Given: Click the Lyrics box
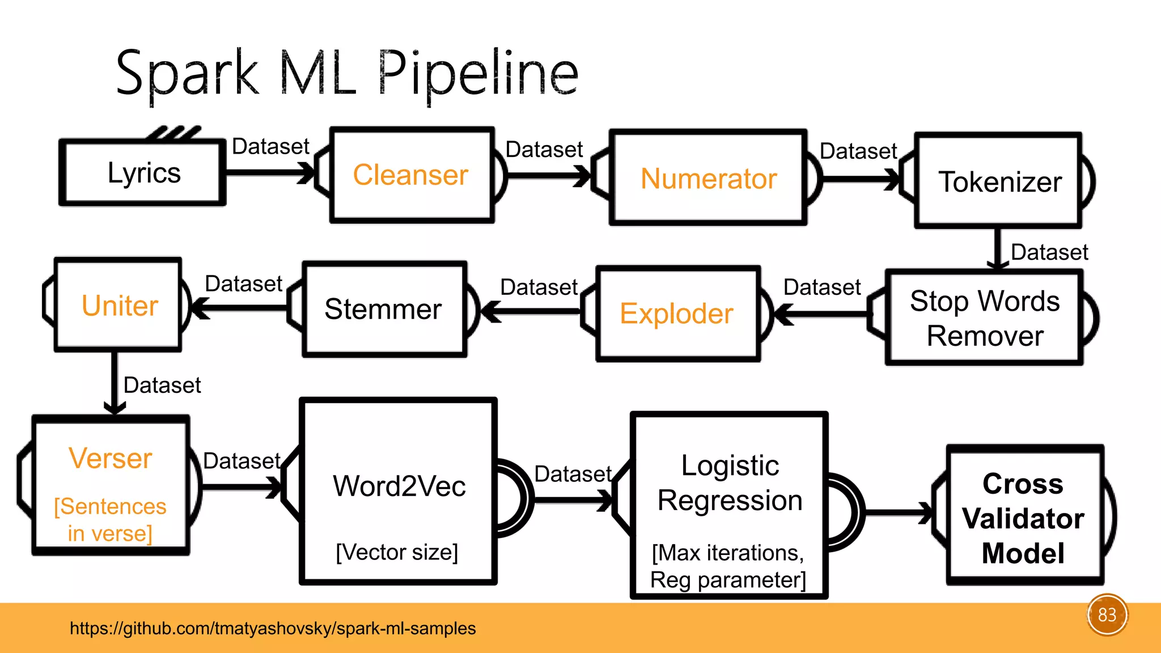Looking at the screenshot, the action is [x=143, y=172].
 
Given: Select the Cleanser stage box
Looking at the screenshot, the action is [x=412, y=175].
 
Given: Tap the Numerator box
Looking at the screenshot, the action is [x=708, y=177].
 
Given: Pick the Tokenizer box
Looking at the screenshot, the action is [x=998, y=181].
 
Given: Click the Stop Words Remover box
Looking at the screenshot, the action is [x=985, y=317].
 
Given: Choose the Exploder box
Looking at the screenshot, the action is [x=678, y=313].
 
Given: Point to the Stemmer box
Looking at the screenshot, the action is [x=385, y=309].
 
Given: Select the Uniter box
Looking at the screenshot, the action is [x=118, y=305].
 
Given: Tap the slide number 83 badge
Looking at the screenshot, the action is [x=1107, y=615].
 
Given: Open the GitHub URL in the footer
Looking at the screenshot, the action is [x=273, y=628].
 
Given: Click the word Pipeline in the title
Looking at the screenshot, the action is [x=478, y=74].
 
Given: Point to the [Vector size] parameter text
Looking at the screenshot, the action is [x=397, y=552].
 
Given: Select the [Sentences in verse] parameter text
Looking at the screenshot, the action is [x=110, y=520].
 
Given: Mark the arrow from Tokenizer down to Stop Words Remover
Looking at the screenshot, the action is [x=998, y=248].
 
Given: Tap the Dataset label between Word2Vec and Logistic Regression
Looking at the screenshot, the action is [x=573, y=474].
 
